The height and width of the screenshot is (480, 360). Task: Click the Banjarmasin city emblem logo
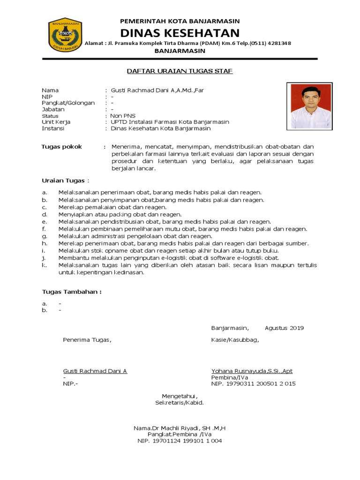pyautogui.click(x=65, y=34)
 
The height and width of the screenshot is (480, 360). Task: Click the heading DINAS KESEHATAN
pyautogui.click(x=180, y=33)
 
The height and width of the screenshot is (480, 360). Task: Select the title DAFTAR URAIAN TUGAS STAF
pyautogui.click(x=180, y=71)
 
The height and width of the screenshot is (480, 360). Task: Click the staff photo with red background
pyautogui.click(x=311, y=106)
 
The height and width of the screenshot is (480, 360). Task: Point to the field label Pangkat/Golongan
pyautogui.click(x=68, y=103)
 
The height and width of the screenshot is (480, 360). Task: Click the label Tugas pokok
pyautogui.click(x=62, y=147)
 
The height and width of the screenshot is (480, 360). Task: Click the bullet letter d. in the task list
pyautogui.click(x=44, y=214)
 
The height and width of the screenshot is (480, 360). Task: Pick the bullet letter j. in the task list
pyautogui.click(x=44, y=258)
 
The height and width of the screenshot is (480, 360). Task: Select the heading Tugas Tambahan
pyautogui.click(x=71, y=292)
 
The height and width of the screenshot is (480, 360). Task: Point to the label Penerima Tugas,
pyautogui.click(x=88, y=340)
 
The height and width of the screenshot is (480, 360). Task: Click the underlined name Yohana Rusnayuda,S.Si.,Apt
pyautogui.click(x=252, y=371)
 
